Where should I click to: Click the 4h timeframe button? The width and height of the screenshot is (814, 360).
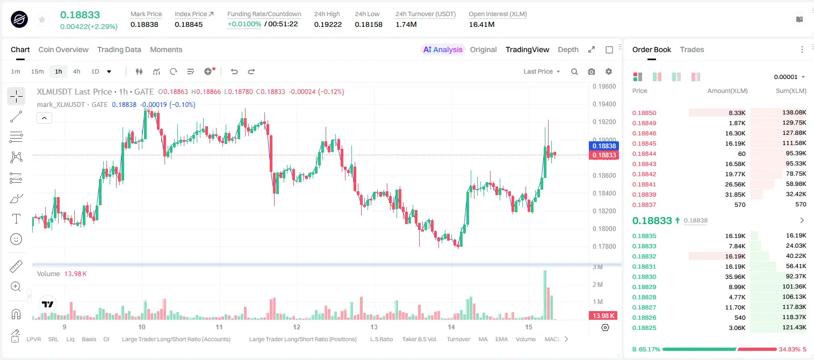point(76,71)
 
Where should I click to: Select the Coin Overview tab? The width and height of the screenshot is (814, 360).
point(63,49)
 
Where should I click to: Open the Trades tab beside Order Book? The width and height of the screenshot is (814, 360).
point(692,49)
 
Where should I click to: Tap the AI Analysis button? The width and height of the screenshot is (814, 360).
point(443,49)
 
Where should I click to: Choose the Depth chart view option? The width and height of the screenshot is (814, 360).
point(568,49)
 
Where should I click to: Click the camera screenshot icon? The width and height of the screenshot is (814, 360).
point(592,71)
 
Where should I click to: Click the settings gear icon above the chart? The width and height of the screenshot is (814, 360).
point(609,71)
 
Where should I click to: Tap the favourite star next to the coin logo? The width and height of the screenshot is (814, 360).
point(42,20)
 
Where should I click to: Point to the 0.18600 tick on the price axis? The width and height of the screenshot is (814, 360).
point(604,176)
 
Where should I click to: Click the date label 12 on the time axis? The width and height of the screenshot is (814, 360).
point(297,327)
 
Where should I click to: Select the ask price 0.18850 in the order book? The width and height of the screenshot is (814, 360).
point(644,113)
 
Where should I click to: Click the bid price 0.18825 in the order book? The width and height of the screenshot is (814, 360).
point(644,328)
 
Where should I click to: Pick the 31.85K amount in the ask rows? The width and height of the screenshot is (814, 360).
point(735,195)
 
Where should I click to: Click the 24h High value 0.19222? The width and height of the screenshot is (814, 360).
point(328,24)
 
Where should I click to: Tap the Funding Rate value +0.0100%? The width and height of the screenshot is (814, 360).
point(244,24)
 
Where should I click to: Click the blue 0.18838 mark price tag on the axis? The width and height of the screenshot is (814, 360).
point(603,146)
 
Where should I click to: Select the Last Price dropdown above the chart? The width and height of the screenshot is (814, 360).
point(542,71)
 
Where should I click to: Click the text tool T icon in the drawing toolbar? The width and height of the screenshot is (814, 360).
point(16,219)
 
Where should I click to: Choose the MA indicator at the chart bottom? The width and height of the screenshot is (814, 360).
point(483,339)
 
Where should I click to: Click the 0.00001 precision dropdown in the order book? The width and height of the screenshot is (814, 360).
point(789,77)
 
